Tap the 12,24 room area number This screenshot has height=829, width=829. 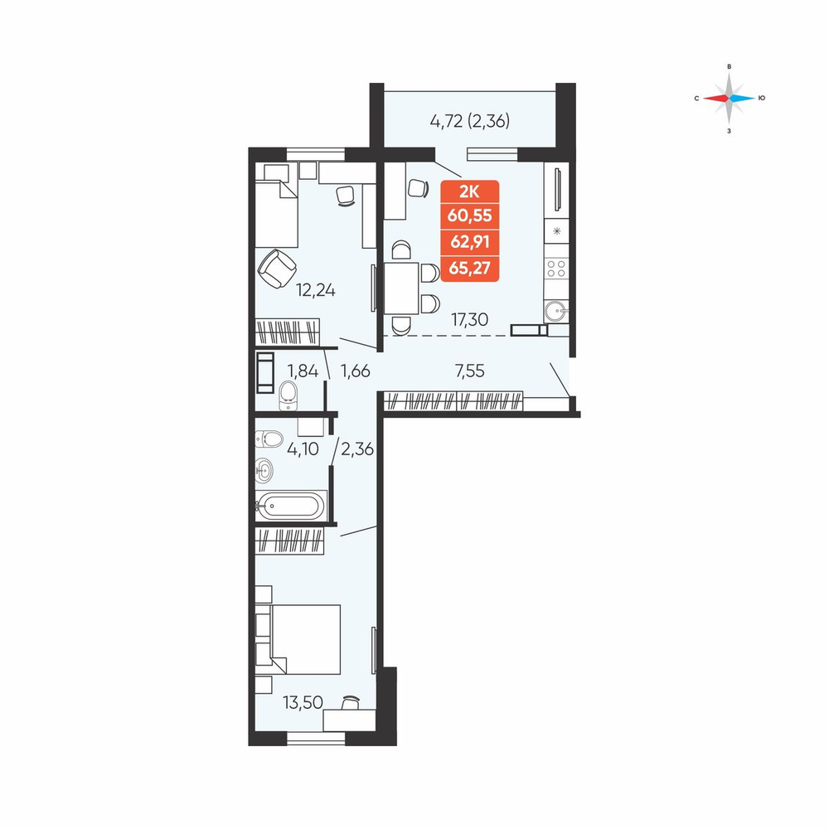tap(316, 290)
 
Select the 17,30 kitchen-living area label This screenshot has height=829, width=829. tap(469, 319)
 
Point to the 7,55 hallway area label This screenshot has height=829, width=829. tap(469, 371)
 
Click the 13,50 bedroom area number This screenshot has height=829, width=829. tap(303, 703)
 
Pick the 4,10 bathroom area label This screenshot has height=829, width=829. tap(303, 449)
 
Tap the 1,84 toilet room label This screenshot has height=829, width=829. tap(303, 371)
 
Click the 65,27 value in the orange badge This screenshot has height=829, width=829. tap(469, 269)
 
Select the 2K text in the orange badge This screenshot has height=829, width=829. tap(469, 191)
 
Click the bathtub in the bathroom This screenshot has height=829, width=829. tap(290, 507)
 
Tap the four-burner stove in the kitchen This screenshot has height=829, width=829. tap(556, 269)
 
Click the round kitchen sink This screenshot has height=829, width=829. tap(556, 311)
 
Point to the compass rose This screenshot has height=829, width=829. tap(729, 99)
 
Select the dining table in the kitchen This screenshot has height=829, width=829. tap(401, 288)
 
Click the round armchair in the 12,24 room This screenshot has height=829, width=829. tap(277, 268)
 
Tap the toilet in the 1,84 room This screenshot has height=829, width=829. tap(288, 395)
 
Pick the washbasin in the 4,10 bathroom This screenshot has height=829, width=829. tap(264, 470)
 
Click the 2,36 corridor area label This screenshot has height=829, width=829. tap(357, 449)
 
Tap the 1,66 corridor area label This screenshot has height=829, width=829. tap(356, 371)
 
